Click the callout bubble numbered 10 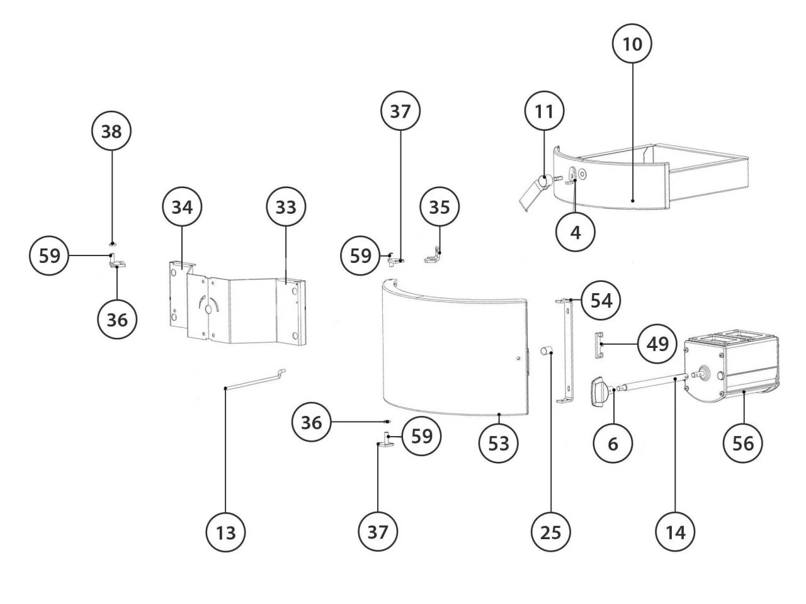(632, 44)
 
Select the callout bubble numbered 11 (544, 112)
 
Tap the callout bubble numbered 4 (576, 232)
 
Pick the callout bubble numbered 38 (111, 132)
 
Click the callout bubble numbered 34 (182, 206)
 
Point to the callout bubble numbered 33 (285, 206)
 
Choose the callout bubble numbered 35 (440, 206)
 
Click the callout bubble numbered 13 (226, 532)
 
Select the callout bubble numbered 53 (498, 444)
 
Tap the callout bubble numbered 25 (551, 532)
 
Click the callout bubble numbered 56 (743, 444)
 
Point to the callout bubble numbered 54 (601, 300)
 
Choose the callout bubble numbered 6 (613, 444)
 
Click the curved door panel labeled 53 (453, 352)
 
